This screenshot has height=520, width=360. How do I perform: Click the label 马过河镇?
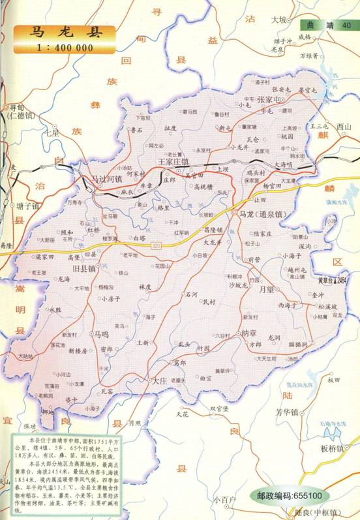point(106,178)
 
